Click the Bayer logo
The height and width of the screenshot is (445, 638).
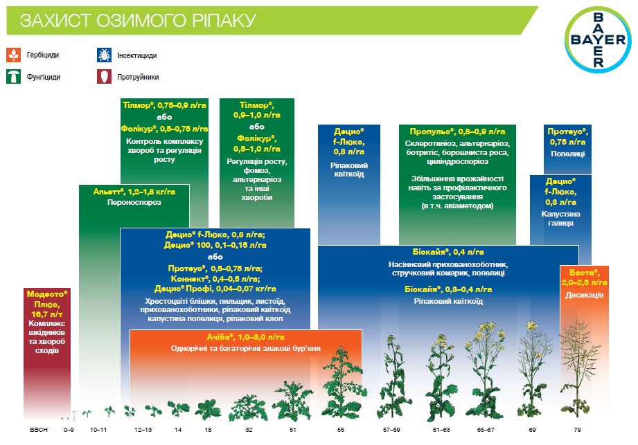click(x=598, y=40)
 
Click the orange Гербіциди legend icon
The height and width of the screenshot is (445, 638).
click(x=13, y=55)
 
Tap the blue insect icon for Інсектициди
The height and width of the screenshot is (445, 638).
click(x=104, y=55)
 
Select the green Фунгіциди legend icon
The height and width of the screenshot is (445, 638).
click(x=13, y=76)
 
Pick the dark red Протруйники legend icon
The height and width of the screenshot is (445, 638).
click(x=104, y=76)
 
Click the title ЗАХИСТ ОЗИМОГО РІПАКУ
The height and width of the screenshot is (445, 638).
click(x=138, y=20)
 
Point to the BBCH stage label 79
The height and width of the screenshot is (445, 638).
click(x=577, y=430)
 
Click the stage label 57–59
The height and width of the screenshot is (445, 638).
click(x=391, y=430)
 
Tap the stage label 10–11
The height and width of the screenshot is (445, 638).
click(x=98, y=430)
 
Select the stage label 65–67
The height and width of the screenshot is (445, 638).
click(x=486, y=430)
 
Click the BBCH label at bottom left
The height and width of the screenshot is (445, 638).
click(x=39, y=430)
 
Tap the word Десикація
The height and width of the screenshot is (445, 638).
click(x=584, y=295)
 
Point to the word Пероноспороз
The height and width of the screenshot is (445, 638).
click(x=134, y=202)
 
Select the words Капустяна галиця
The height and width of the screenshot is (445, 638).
click(x=560, y=218)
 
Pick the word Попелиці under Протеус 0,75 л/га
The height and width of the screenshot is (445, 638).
click(x=567, y=154)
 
